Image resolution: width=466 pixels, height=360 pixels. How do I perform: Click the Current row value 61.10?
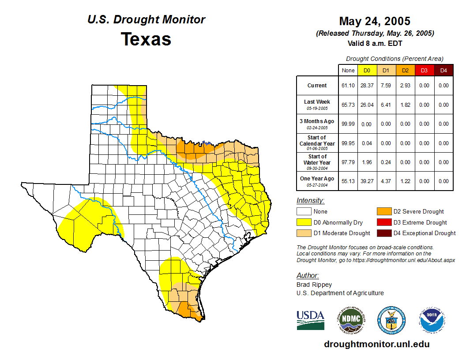pos(348,86)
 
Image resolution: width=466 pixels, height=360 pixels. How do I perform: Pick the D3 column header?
pos(424,71)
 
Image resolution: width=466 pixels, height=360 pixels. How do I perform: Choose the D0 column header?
pos(367,71)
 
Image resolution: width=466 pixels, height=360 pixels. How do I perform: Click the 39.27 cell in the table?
pos(367,181)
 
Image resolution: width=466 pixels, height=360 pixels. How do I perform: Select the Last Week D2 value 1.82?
pos(405,105)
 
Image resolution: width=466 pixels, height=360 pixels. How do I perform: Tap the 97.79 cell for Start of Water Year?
pos(348,162)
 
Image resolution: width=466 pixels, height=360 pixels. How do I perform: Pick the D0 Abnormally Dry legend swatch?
pos(304,222)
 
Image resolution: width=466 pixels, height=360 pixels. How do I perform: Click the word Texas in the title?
pos(146,39)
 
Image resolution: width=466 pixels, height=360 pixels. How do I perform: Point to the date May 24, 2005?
pos(375,21)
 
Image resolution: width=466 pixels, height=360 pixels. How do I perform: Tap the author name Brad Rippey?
pos(314,285)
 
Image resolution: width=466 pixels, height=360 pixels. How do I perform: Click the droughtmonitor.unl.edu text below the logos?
pos(377,344)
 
